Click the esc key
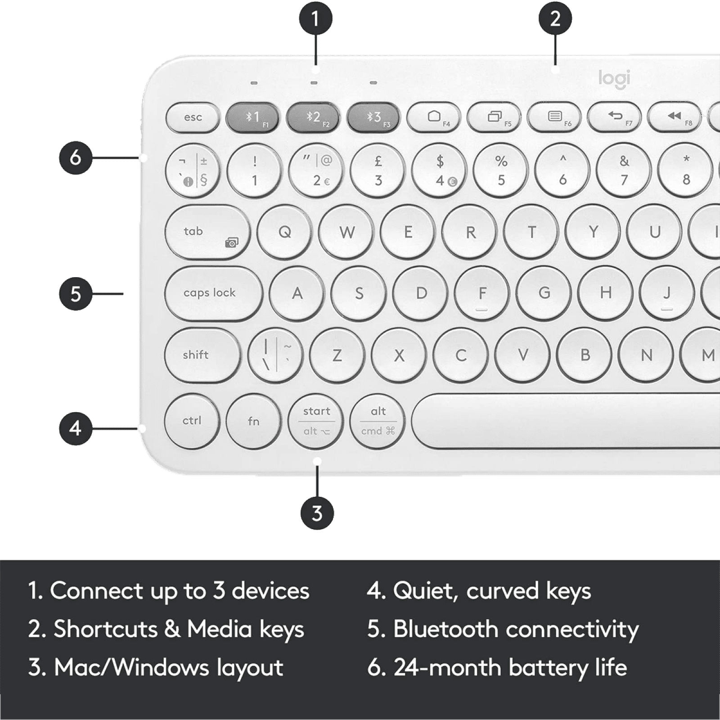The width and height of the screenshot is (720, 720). pyautogui.click(x=193, y=117)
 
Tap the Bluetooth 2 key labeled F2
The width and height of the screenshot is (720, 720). pyautogui.click(x=313, y=117)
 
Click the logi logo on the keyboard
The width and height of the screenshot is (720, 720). pyautogui.click(x=614, y=78)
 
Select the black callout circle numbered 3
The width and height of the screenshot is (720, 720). pyautogui.click(x=317, y=513)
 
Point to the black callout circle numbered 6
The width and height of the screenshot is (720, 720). pyautogui.click(x=76, y=157)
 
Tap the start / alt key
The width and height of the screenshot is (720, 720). pyautogui.click(x=316, y=421)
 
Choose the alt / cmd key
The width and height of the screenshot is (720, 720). pyautogui.click(x=378, y=421)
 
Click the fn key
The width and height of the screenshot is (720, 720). pyautogui.click(x=253, y=421)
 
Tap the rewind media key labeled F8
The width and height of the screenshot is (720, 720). pyautogui.click(x=674, y=117)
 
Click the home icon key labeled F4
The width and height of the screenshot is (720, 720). pyautogui.click(x=434, y=117)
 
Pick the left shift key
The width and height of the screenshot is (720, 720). pyautogui.click(x=202, y=355)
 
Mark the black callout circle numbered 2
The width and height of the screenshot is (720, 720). pyautogui.click(x=555, y=19)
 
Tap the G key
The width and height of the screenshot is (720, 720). pyautogui.click(x=544, y=293)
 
